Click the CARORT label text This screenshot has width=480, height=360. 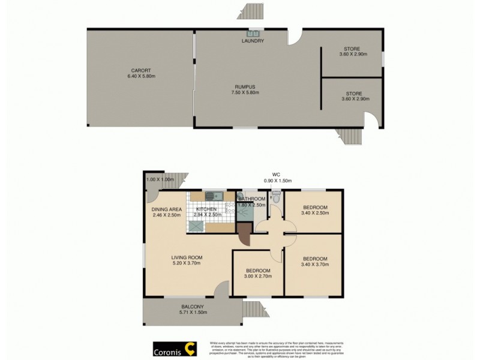[141, 73]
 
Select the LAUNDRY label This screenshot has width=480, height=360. [253, 41]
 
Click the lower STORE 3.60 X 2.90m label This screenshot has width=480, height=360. [353, 95]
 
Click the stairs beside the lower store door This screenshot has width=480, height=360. [347, 139]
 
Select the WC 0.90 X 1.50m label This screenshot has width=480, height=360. [277, 178]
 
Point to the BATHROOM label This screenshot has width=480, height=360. [252, 199]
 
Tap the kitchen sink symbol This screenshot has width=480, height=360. [213, 196]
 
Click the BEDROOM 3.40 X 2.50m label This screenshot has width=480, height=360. [314, 208]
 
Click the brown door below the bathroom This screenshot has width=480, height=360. [244, 233]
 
